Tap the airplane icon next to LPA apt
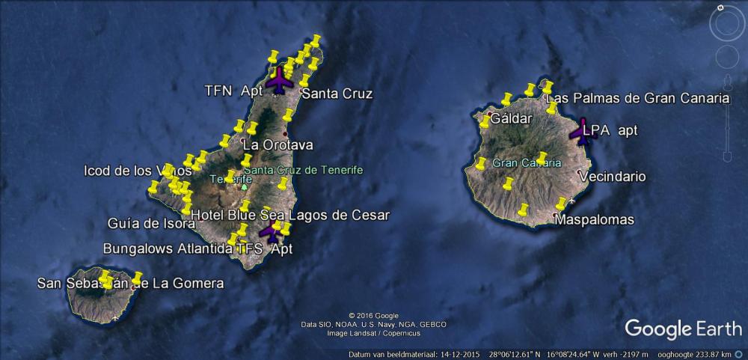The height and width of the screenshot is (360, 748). point(581,131)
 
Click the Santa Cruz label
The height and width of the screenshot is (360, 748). point(336,94)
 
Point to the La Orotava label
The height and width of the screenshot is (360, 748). point(278,144)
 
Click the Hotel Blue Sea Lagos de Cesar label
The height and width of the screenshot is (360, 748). point(290,216)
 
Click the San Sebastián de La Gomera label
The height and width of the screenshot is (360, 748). point(130,284)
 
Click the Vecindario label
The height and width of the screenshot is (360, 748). point(613,177)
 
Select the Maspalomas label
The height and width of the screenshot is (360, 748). point(594,220)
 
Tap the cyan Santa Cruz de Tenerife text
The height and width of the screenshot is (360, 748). point(303,170)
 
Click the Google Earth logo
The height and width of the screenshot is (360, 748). point(683,329)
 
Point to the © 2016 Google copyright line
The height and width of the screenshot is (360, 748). point(373,315)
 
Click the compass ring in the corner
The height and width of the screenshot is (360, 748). point(726,25)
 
